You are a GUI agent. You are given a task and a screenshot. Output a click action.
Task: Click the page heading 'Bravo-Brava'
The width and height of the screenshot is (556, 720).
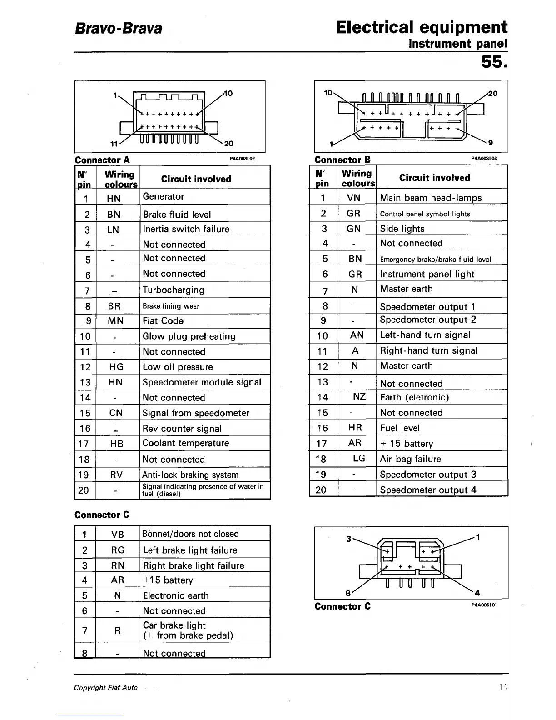tap(118, 29)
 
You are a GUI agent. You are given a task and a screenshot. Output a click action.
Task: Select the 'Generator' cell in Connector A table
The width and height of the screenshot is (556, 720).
tap(164, 196)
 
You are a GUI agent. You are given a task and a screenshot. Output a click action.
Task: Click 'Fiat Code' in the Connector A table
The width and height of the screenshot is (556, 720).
tap(163, 321)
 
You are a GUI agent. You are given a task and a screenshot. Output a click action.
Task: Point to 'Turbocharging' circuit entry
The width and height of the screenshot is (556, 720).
tap(174, 290)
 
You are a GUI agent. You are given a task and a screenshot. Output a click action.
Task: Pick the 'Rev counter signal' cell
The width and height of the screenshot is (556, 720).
tap(182, 429)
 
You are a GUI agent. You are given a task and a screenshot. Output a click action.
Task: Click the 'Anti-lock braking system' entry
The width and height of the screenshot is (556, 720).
tap(190, 475)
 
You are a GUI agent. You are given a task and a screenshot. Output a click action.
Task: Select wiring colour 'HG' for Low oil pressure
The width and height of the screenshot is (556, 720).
tap(116, 367)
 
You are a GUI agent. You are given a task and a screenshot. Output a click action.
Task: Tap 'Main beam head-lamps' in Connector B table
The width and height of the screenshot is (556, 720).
tap(431, 198)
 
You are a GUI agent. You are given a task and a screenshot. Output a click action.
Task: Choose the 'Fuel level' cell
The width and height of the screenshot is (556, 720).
tap(400, 428)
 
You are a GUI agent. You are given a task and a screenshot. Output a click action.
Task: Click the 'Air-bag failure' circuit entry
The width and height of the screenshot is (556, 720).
tap(410, 459)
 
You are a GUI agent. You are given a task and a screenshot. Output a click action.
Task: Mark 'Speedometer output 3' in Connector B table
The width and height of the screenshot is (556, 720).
tap(428, 475)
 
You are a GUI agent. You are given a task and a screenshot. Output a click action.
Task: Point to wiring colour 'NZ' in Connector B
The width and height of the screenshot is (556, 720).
tap(359, 397)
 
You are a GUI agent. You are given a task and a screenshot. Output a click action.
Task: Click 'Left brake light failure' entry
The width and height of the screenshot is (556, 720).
tap(190, 550)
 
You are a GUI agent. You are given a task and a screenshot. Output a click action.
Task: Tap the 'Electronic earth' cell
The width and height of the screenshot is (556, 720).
tap(176, 596)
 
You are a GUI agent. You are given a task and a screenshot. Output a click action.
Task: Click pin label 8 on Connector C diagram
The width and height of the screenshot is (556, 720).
tap(348, 593)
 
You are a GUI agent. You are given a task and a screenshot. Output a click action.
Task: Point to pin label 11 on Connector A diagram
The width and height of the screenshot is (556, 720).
tap(114, 144)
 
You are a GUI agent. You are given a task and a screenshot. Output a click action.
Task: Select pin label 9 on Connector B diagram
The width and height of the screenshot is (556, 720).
tap(490, 143)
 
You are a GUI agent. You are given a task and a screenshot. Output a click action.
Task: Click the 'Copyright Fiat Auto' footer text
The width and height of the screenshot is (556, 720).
tap(106, 688)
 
